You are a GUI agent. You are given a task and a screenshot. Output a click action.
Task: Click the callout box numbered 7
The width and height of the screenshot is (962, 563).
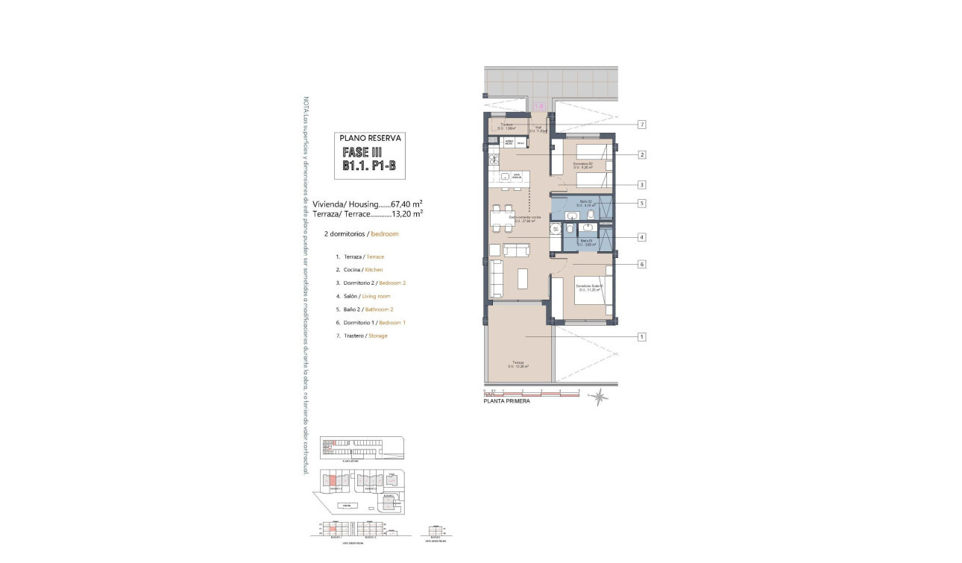click(641, 125)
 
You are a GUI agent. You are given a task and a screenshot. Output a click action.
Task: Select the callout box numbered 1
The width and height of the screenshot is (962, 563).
click(641, 336)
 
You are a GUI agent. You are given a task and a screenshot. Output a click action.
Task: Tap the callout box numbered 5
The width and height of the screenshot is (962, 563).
click(641, 203)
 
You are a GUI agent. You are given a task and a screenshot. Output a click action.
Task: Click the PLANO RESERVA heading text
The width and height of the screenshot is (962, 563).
click(371, 138)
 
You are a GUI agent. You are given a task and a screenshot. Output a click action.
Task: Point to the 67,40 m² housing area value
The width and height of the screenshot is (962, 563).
click(407, 203)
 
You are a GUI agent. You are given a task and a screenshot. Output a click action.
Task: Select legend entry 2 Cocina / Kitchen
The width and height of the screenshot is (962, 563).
click(359, 269)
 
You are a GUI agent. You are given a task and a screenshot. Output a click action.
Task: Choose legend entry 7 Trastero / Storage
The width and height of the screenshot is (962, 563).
click(362, 336)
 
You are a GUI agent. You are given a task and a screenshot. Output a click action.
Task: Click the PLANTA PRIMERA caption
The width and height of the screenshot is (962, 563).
click(507, 401)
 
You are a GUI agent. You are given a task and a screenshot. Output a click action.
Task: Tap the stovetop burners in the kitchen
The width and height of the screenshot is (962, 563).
click(492, 160)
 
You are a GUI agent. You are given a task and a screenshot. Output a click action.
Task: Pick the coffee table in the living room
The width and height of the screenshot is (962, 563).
click(522, 279)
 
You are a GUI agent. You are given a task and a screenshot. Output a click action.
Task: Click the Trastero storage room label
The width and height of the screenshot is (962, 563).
click(507, 126)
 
